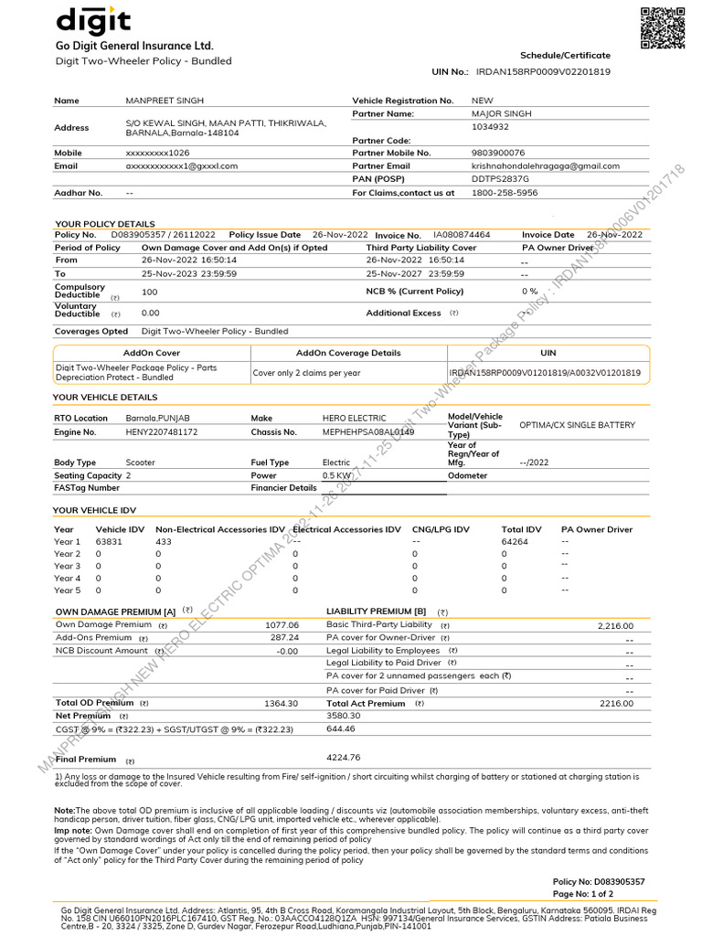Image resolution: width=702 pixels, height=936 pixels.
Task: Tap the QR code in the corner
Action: (x=662, y=27)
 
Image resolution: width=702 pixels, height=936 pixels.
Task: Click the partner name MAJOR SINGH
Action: (x=501, y=114)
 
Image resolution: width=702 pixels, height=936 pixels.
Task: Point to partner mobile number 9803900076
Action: (x=498, y=153)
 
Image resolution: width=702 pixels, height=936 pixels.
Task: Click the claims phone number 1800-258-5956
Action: (x=505, y=193)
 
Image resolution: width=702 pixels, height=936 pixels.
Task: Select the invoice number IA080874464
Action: (x=462, y=235)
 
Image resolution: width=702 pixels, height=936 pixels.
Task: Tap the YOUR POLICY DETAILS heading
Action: (x=105, y=224)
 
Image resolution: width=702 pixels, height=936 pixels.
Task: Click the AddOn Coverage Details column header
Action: (x=348, y=353)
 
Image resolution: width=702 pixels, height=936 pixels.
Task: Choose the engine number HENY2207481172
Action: (x=161, y=431)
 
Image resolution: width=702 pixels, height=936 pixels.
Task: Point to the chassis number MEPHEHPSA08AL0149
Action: (x=368, y=431)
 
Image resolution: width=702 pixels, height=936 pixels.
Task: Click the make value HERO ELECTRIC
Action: (x=355, y=418)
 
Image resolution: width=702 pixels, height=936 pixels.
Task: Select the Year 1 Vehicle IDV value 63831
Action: (x=109, y=542)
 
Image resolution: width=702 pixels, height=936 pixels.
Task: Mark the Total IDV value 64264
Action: (x=515, y=542)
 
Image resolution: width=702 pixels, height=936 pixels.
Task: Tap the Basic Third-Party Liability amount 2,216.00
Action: (x=615, y=626)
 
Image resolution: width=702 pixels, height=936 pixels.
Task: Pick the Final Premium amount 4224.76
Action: (x=344, y=758)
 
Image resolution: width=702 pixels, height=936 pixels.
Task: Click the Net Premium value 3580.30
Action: (x=344, y=716)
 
